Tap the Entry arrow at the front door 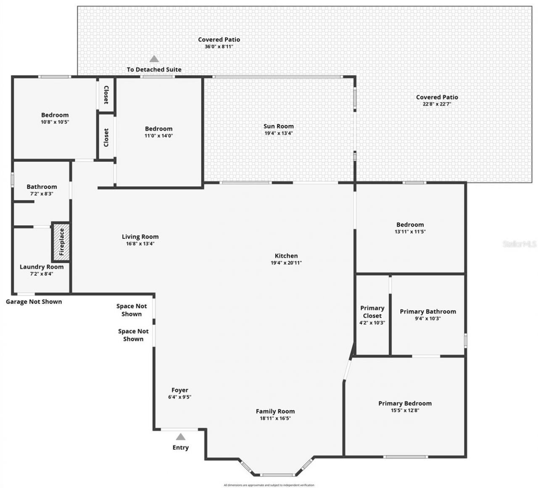point(180,437)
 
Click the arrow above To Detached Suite point(154,59)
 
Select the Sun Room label point(278,126)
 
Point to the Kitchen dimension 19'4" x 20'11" point(286,263)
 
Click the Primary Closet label point(372,312)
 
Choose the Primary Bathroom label point(427,311)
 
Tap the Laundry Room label point(42,267)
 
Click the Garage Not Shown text point(34,301)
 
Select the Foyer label point(179,390)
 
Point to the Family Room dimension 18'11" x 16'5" point(275,419)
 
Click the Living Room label point(140,237)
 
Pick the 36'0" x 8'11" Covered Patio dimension point(219,47)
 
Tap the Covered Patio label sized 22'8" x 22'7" point(437,97)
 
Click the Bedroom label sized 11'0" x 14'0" point(158,129)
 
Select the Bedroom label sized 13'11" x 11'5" point(410,224)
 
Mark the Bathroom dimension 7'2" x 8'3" point(42,194)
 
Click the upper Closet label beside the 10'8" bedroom point(106,95)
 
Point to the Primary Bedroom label point(405,403)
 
